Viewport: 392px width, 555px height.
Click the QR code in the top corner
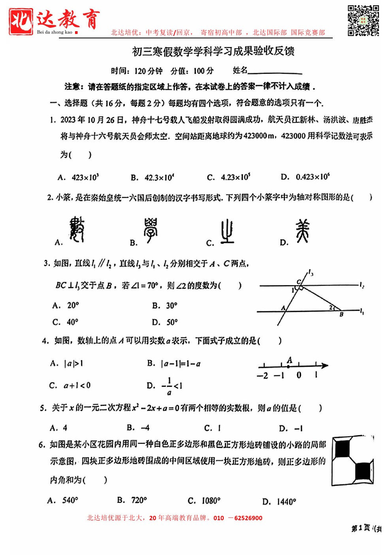click(x=363, y=20)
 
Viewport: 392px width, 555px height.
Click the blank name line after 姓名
click(x=275, y=71)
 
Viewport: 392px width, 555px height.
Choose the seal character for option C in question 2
click(x=227, y=231)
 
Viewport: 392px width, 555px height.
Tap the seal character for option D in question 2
click(x=302, y=231)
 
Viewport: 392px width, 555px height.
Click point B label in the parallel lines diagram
click(x=341, y=314)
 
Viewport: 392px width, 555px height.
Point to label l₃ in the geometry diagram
click(x=311, y=273)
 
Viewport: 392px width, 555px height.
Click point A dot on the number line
click(x=288, y=366)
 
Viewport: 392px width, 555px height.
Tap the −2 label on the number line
click(x=262, y=376)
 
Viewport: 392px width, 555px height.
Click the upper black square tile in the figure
click(x=342, y=449)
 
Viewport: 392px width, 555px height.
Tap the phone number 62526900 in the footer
click(x=248, y=518)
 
